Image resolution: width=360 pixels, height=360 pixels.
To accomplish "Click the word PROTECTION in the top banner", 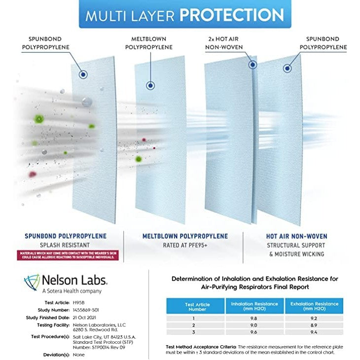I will coord(231,15).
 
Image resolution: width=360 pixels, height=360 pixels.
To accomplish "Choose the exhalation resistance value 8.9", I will coord(314,326).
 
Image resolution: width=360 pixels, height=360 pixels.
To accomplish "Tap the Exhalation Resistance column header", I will coord(314,306).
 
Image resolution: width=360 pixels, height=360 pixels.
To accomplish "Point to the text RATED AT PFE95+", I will coord(185,245).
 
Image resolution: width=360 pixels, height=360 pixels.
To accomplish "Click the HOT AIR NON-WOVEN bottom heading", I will coord(296,236).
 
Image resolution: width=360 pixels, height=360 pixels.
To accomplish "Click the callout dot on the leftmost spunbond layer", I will coord(83,74).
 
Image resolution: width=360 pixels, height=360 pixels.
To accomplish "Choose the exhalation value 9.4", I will coord(314,333).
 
